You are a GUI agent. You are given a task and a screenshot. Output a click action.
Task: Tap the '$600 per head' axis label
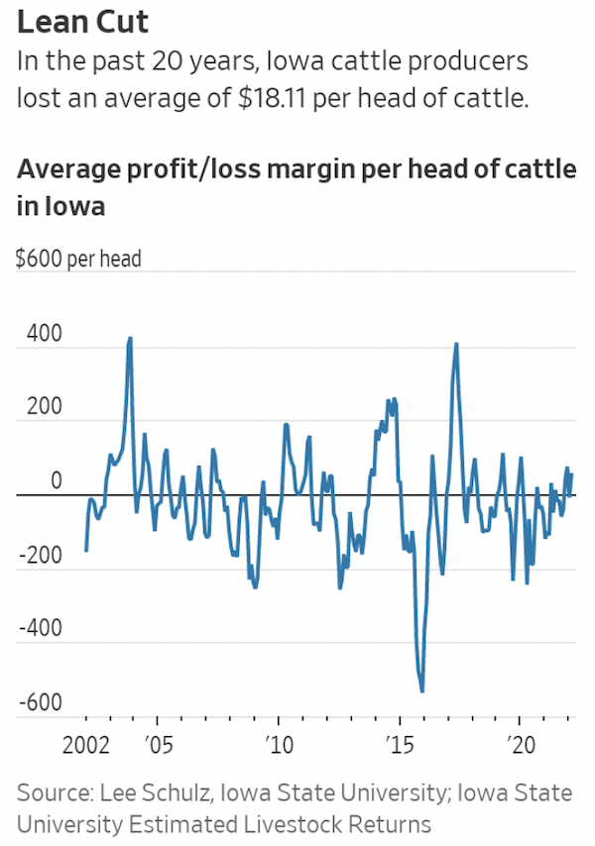79,260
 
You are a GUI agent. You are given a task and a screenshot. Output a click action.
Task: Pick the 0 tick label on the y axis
56,481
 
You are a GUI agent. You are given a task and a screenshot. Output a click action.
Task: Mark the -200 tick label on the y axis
42,556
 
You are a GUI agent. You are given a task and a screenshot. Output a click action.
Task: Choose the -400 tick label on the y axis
42,629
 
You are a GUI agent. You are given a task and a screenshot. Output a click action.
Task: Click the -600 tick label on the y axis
42,702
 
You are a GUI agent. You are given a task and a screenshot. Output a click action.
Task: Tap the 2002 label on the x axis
85,744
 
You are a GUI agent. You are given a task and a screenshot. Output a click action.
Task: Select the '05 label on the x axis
157,744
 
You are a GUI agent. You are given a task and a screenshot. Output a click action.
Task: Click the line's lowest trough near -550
422,690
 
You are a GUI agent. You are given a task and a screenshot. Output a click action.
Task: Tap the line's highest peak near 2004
130,338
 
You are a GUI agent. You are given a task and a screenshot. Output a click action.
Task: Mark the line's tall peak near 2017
456,344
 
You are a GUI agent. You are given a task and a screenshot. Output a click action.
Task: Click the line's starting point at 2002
86,551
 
